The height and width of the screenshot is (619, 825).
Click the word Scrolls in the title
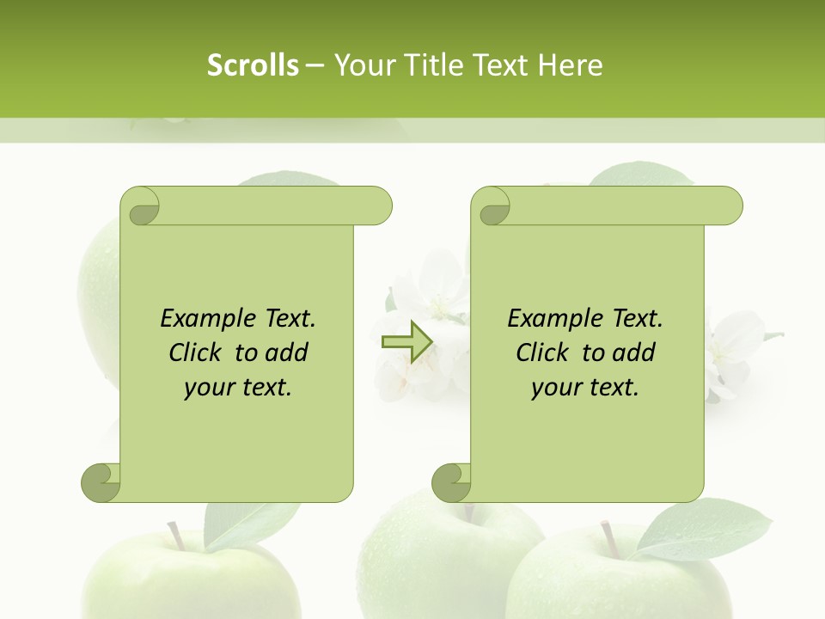254,64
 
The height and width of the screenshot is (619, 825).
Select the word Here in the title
570,64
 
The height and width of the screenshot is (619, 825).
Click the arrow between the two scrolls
406,342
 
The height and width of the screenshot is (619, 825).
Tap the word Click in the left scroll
199,352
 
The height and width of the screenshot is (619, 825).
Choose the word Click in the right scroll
546,352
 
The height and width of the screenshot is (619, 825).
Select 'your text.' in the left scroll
238,387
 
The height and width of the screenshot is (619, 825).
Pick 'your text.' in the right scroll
585,387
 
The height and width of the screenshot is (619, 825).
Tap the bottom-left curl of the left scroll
101,482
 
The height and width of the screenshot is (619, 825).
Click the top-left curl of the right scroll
491,206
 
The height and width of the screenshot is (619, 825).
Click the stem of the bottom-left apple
175,535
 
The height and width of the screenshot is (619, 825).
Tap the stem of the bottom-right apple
611,537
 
